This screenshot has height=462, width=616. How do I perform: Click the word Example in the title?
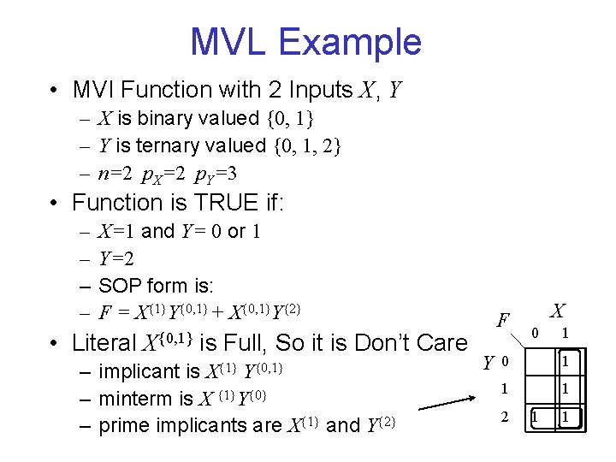[x=358, y=42]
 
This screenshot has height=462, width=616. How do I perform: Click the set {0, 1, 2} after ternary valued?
[x=308, y=146]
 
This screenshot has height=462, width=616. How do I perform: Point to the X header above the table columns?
[x=557, y=310]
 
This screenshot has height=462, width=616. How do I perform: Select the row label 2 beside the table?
[x=505, y=417]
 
